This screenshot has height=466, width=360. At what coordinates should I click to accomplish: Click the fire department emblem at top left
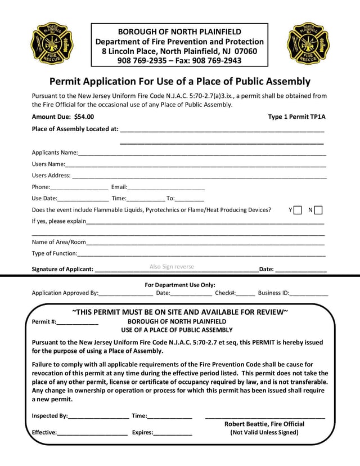click(x=51, y=43)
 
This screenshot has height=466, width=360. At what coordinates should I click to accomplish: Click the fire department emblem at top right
click(x=308, y=43)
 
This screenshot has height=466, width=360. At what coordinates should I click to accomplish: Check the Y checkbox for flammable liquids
click(x=298, y=210)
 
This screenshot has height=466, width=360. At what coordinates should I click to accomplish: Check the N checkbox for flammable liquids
click(x=318, y=210)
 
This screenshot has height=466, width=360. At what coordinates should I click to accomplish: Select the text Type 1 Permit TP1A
click(x=297, y=117)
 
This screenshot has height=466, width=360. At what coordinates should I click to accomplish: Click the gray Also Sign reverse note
click(x=172, y=267)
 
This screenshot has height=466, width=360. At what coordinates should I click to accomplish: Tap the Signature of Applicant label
click(x=62, y=269)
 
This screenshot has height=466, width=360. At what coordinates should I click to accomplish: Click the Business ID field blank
click(x=309, y=293)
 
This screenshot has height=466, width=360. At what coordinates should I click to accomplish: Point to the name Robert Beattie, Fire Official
click(x=264, y=424)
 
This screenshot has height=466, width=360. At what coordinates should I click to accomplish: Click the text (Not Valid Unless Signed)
click(x=264, y=433)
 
